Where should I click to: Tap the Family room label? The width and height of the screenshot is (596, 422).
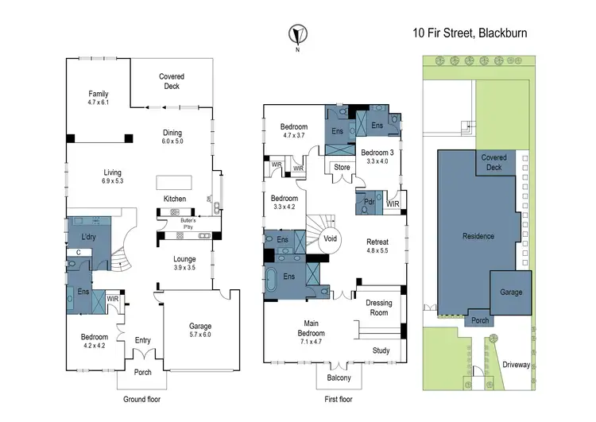[99, 98]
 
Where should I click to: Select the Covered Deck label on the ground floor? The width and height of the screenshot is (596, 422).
[171, 81]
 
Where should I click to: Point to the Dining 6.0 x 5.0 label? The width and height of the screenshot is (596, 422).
[172, 137]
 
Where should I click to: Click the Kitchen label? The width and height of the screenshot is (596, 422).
[175, 198]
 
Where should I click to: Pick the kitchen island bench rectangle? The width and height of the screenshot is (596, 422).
[172, 180]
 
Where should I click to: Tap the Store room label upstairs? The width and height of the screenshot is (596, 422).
[342, 168]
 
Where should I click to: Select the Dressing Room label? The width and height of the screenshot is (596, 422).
[378, 308]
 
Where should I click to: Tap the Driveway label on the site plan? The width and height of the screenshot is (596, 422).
[518, 365]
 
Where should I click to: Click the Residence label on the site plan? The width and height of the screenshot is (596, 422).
[479, 236]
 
